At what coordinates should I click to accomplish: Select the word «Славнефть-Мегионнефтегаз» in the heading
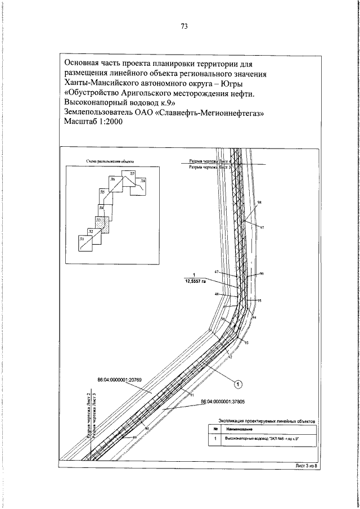(210, 113)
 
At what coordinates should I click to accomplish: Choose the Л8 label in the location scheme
(143, 181)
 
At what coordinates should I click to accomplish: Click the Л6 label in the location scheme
(112, 179)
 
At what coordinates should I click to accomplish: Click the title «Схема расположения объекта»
(110, 160)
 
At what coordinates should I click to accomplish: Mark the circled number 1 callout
(238, 384)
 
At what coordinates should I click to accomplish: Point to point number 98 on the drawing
(259, 201)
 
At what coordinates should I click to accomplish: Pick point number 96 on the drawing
(262, 273)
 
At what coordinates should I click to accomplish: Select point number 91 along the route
(191, 396)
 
